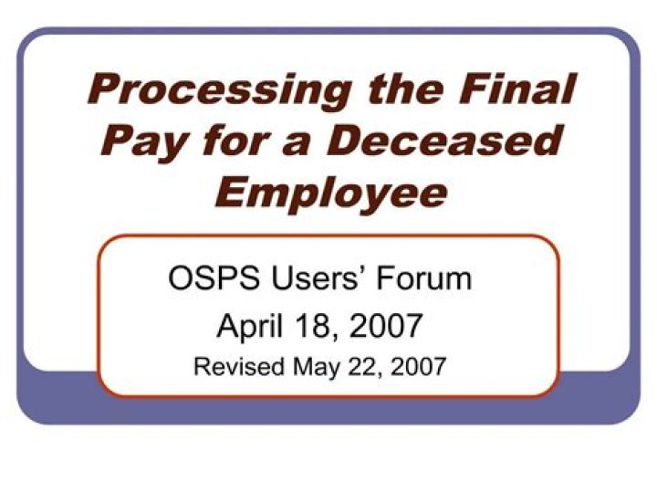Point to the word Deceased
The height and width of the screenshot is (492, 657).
(444, 141)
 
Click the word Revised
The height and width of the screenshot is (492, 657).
(239, 367)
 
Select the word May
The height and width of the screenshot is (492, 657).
(314, 367)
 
